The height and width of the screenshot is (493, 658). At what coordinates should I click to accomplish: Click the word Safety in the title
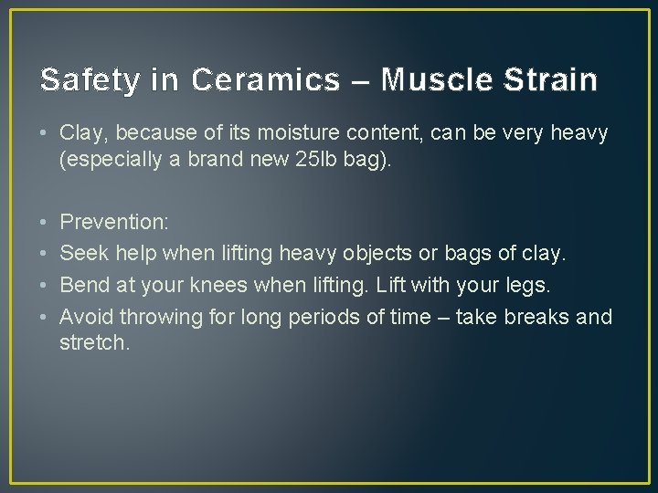(x=84, y=80)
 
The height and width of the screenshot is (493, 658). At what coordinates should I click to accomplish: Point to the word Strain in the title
(x=553, y=80)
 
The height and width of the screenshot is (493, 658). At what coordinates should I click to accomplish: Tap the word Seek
(x=82, y=253)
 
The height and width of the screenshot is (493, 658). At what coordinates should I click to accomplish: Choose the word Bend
(x=83, y=285)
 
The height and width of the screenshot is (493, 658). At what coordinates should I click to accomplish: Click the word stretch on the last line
(x=93, y=343)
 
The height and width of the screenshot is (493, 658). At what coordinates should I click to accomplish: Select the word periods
(x=324, y=317)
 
